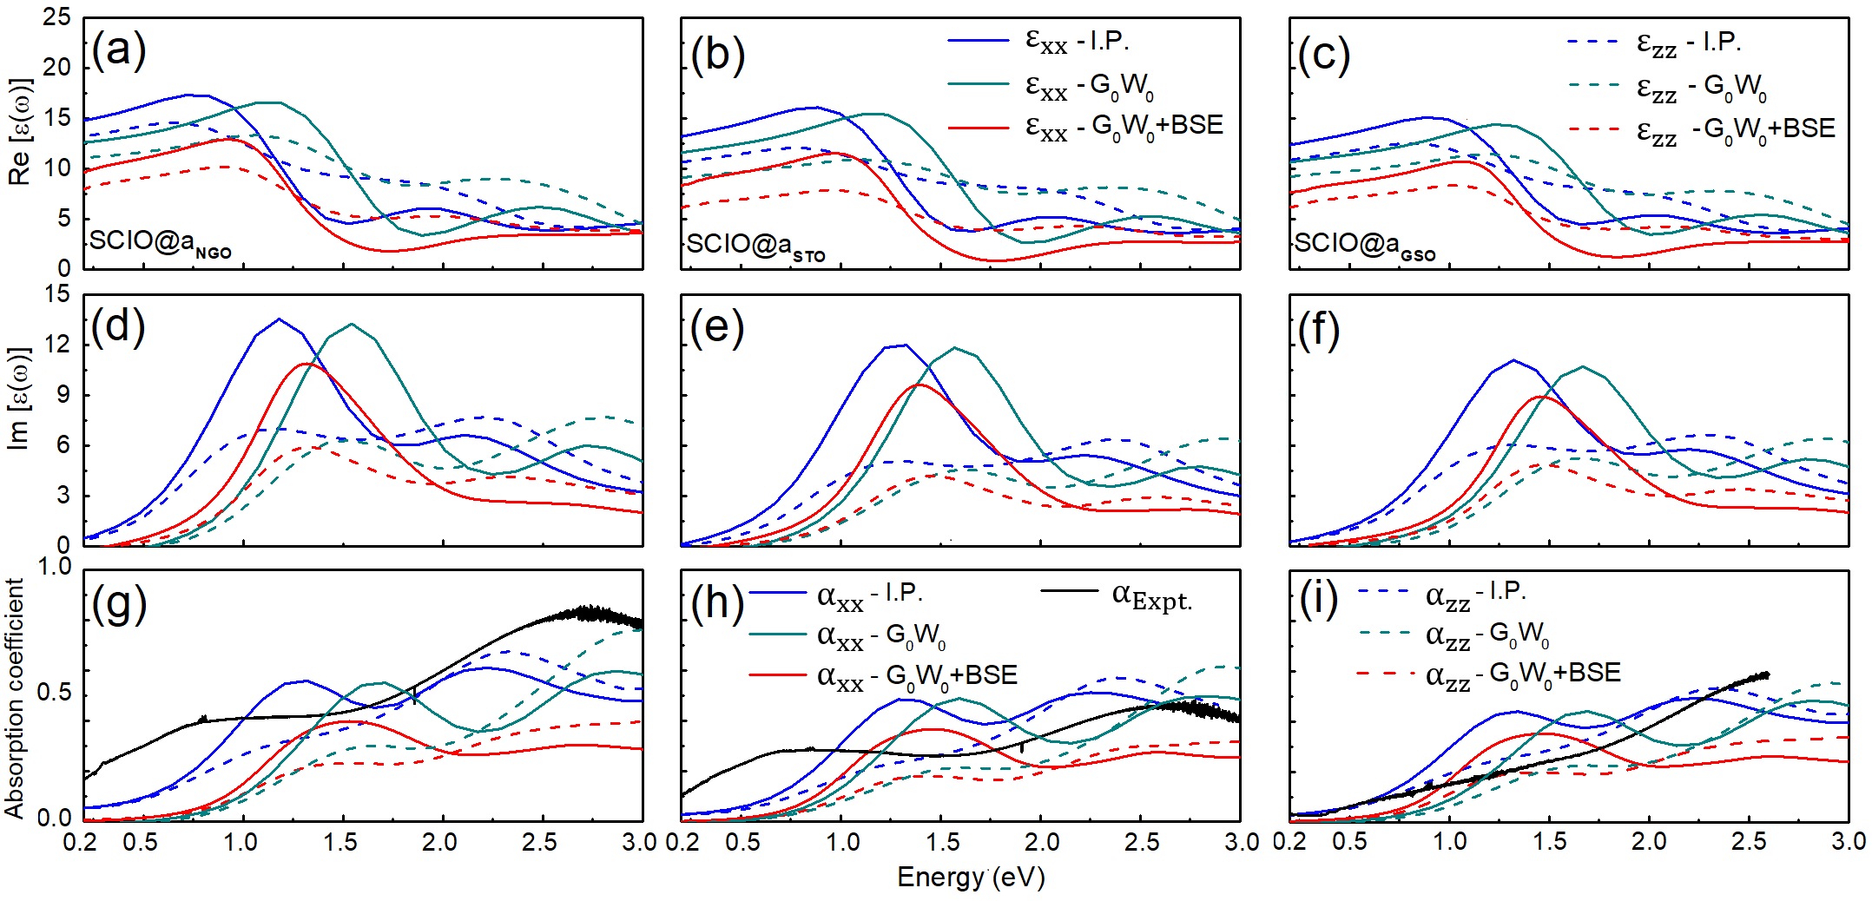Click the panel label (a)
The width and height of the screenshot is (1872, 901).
click(x=119, y=49)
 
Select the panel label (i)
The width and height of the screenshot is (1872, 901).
click(x=1319, y=599)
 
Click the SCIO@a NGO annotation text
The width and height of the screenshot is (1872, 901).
click(x=161, y=241)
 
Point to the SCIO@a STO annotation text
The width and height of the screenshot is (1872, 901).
click(x=755, y=246)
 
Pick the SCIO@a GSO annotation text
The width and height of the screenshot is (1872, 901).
click(x=1364, y=245)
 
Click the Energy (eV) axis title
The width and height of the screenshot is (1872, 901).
click(x=971, y=878)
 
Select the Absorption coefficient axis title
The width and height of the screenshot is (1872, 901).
click(x=14, y=699)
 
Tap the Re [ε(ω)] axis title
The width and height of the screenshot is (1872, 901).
click(x=19, y=132)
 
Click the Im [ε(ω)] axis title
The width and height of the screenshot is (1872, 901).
click(x=19, y=399)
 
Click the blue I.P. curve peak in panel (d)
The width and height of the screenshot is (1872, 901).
click(x=279, y=319)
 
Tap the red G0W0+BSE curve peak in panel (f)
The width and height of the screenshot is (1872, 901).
click(x=1539, y=397)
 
